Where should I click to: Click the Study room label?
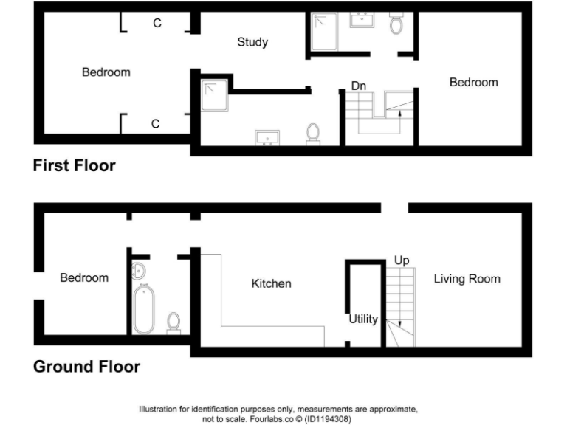tap(252, 42)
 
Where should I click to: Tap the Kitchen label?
tap(271, 283)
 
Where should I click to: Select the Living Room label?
tap(467, 278)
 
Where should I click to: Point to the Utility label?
tap(363, 319)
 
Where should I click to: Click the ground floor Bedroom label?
tap(84, 277)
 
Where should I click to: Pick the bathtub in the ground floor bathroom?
tap(143, 310)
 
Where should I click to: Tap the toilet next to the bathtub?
tap(173, 322)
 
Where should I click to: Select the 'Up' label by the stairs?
tap(402, 260)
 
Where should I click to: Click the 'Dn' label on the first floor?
tap(359, 86)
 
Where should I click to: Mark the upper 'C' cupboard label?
tap(157, 24)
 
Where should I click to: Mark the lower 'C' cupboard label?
tap(155, 124)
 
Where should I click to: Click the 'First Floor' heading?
tap(74, 165)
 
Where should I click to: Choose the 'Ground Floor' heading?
tap(86, 367)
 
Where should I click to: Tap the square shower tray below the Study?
tap(215, 95)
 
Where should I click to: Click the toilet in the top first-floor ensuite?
tap(396, 24)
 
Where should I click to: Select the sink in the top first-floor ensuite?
tap(362, 19)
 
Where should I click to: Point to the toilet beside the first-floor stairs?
tap(313, 134)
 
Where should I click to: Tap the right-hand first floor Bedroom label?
tap(473, 83)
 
